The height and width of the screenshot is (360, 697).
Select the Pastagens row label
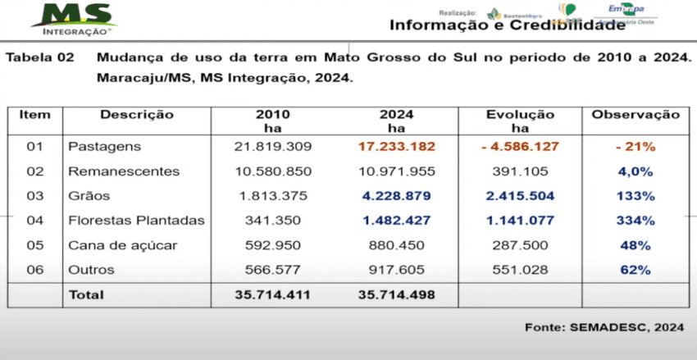coord(104,147)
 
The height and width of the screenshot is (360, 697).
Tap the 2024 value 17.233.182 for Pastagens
coord(395,147)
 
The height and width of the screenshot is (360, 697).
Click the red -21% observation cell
coord(635,147)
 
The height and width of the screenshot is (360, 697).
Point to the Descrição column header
coord(136,115)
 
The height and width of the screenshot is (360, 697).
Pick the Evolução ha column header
coord(519,121)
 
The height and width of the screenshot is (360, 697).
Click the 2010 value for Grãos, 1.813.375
coord(272,196)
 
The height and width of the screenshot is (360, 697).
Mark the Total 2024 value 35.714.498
coord(396,294)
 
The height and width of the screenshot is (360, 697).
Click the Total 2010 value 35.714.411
coord(272,294)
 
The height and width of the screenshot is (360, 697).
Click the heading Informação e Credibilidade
coord(507,25)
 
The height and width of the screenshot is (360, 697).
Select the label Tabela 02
coord(40,59)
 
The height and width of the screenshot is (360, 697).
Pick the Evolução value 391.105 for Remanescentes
coord(519,171)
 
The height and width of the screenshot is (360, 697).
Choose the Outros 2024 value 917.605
coord(396,270)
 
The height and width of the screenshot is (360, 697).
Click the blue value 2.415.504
coord(519,196)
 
